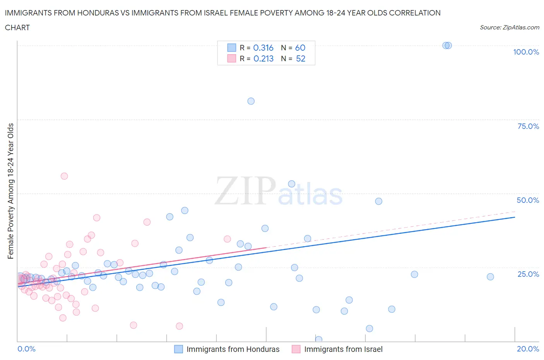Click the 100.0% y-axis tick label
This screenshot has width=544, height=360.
(x=526, y=52)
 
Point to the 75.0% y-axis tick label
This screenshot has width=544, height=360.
(x=528, y=126)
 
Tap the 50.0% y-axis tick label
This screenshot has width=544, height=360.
(x=528, y=200)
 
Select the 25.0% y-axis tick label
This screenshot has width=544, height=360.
(x=528, y=274)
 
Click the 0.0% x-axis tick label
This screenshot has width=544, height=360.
(x=26, y=349)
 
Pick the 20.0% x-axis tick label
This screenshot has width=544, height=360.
(x=528, y=349)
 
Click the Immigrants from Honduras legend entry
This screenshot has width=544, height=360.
(x=227, y=349)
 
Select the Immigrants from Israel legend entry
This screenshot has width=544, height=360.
(x=337, y=349)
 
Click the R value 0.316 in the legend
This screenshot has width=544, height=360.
(x=263, y=48)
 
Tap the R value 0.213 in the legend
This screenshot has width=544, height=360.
(x=263, y=58)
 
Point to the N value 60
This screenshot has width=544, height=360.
(x=300, y=48)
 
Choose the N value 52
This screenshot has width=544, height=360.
(x=301, y=58)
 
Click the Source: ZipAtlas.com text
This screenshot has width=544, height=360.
(x=509, y=27)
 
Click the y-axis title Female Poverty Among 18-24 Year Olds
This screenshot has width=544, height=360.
(x=10, y=191)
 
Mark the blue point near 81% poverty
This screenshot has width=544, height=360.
(x=251, y=101)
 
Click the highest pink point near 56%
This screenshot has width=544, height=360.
(x=64, y=176)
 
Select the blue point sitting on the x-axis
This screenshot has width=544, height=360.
(x=319, y=339)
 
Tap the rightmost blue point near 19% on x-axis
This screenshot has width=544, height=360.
(x=490, y=277)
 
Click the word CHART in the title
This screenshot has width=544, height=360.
(x=17, y=27)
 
